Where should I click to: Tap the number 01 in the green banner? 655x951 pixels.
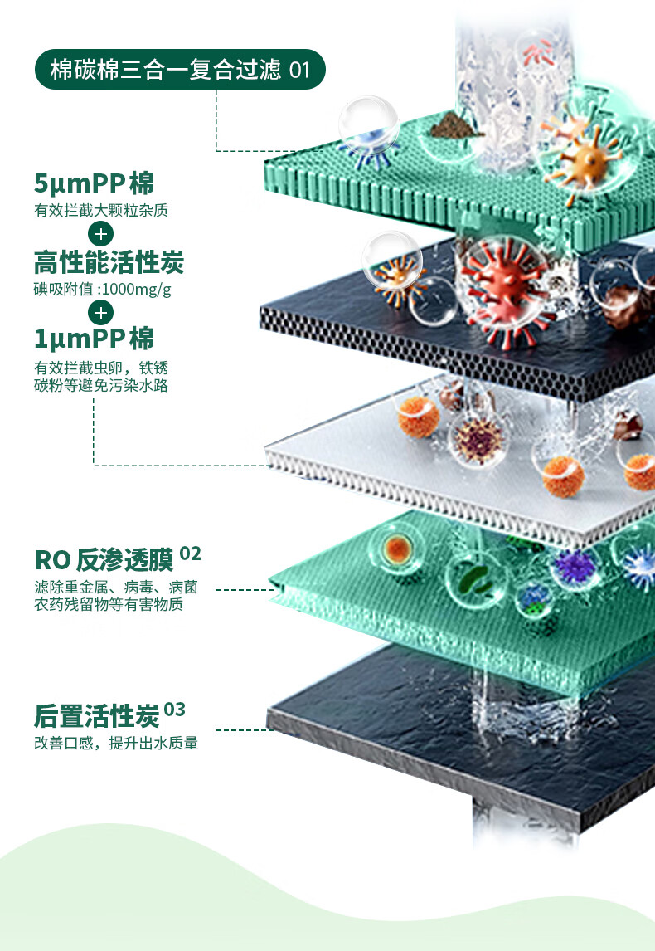(x=299, y=70)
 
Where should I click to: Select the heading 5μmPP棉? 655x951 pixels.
(x=94, y=183)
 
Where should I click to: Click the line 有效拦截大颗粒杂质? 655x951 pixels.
(x=101, y=211)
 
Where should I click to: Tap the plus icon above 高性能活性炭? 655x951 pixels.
(x=100, y=233)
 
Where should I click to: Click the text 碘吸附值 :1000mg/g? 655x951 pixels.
(x=103, y=290)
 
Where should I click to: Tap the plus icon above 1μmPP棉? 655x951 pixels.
(x=100, y=313)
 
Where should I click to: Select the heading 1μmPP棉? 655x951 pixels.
(x=94, y=339)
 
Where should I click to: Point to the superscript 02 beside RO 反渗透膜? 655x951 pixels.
(x=190, y=553)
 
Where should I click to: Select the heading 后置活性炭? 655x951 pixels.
(x=96, y=715)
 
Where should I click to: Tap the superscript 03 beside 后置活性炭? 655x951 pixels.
(x=174, y=710)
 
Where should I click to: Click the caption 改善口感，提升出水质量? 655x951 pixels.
(x=116, y=744)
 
